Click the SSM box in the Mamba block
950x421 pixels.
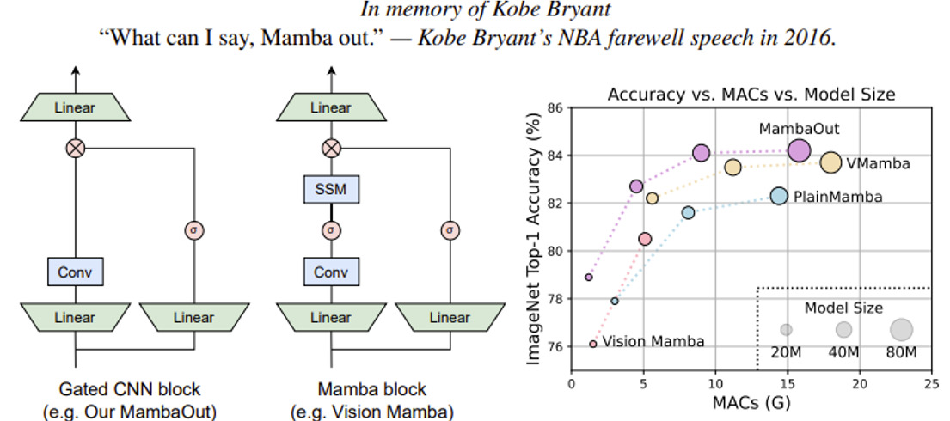point(331,188)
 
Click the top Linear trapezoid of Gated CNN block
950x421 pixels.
point(75,108)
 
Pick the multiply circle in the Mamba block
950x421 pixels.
point(331,149)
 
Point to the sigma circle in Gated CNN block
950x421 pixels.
point(194,230)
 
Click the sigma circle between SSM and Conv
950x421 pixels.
point(331,230)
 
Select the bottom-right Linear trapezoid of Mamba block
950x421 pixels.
point(450,317)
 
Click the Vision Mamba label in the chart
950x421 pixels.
point(653,342)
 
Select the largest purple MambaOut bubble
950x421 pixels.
point(800,150)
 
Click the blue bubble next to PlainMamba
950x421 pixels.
point(779,196)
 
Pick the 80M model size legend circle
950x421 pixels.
point(901,329)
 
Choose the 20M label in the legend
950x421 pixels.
point(786,352)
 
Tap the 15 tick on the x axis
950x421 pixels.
point(788,383)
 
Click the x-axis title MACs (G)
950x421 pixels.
point(751,402)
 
